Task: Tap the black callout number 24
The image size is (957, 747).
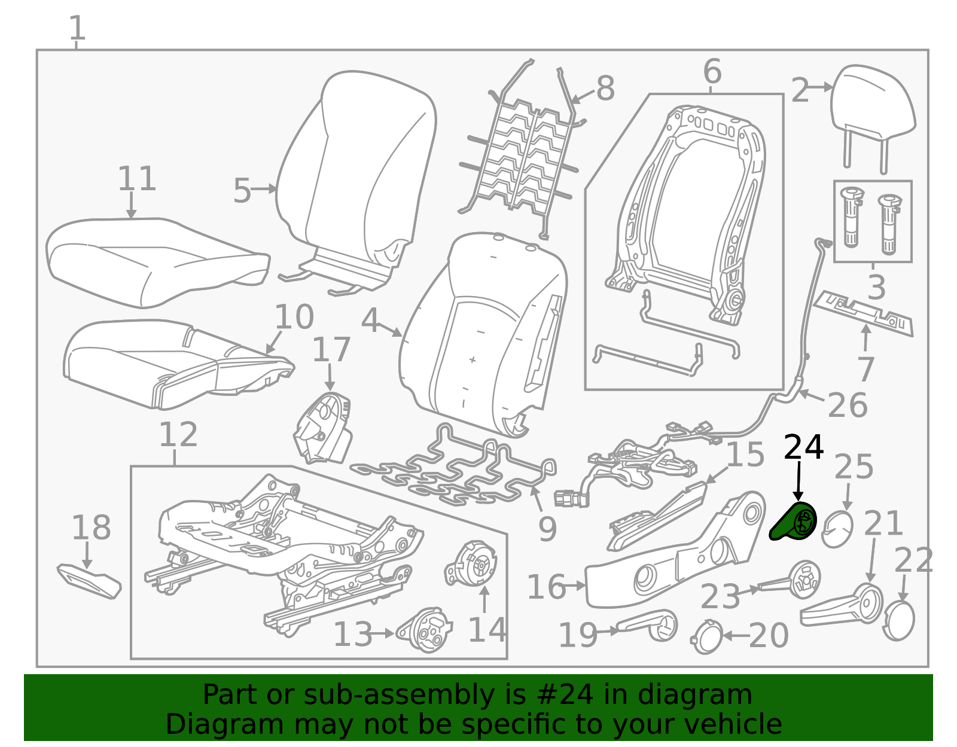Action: (803, 447)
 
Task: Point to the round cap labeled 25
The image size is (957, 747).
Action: (837, 529)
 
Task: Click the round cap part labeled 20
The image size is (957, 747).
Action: (706, 636)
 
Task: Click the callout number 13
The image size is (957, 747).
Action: (353, 635)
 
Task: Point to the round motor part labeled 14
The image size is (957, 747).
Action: (471, 564)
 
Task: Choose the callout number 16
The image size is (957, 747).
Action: (546, 587)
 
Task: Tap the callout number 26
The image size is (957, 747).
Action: (848, 405)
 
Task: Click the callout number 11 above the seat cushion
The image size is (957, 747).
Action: (137, 179)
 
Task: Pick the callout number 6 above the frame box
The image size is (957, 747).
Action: (712, 71)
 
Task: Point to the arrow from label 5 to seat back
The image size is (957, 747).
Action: (264, 190)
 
